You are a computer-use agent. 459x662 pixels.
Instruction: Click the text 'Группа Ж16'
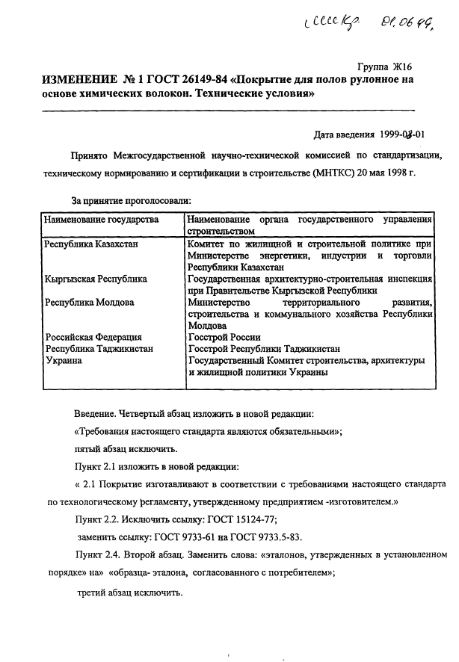coord(385,66)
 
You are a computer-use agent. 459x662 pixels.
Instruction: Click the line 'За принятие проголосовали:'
coord(132,200)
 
